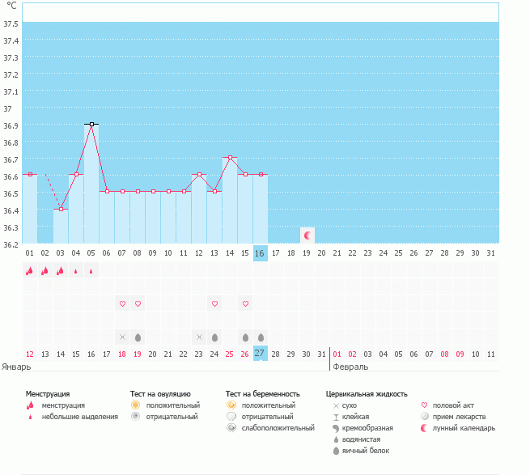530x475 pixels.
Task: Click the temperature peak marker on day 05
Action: pos(91,125)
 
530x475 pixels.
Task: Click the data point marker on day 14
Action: pos(230,157)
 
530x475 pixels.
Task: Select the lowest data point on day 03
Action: pos(61,209)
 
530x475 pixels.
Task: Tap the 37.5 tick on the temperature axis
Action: pos(11,23)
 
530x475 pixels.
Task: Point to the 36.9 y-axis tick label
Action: pos(11,125)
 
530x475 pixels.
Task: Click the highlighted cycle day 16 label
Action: pos(260,253)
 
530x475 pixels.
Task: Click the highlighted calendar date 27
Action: pos(260,354)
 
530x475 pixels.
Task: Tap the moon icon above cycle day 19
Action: pos(307,235)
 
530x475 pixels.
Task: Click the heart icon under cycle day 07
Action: pos(122,303)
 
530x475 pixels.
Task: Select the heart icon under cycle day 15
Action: pos(245,303)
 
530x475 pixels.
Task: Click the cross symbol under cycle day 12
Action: pos(199,337)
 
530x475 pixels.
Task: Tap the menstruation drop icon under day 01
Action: pos(30,271)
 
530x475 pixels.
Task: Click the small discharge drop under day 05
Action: pos(91,272)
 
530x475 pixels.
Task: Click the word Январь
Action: pos(16,366)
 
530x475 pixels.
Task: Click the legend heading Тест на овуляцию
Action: pos(161,393)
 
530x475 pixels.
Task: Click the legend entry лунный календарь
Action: pos(464,427)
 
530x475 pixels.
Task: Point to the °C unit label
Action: pos(11,6)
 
